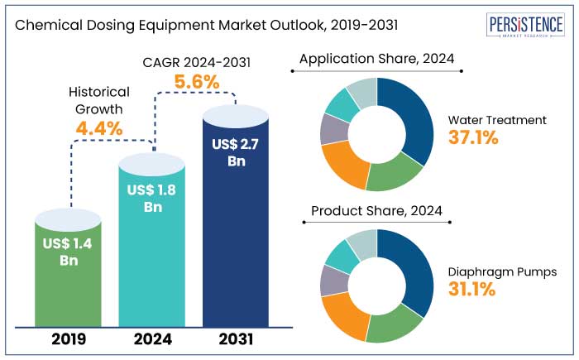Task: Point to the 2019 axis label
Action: point(69,338)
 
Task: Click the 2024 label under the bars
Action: point(153,338)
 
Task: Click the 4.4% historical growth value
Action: point(98,128)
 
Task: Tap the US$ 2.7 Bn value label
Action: point(237,152)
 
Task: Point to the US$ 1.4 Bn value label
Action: point(69,251)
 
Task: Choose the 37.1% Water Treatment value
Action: point(473,138)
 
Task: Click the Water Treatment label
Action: point(497,120)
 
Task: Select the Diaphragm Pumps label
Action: point(502,271)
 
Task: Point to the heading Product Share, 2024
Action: point(376,211)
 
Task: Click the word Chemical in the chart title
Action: point(45,25)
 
